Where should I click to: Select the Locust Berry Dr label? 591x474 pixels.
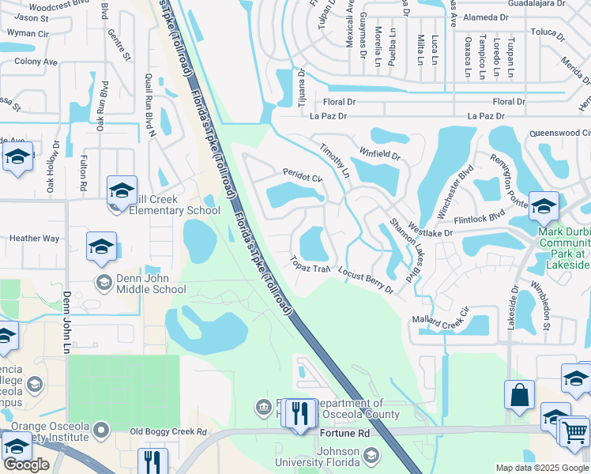(366, 280)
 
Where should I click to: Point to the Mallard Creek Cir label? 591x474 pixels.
(441, 321)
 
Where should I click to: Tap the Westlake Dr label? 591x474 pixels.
(431, 230)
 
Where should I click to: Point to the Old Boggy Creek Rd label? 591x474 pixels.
(168, 432)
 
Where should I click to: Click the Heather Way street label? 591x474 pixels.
(34, 238)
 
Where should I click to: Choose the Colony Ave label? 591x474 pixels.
(36, 62)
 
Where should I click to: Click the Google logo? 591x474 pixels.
(26, 465)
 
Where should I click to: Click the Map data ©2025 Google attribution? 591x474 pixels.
(543, 468)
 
